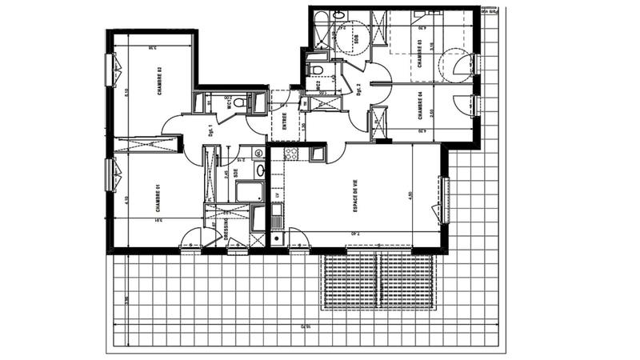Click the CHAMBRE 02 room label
pyautogui.click(x=160, y=81)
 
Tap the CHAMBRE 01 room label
pyautogui.click(x=160, y=198)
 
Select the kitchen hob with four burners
pyautogui.click(x=290, y=154)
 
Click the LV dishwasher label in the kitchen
pyautogui.click(x=278, y=194)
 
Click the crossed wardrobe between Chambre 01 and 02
pyautogui.click(x=146, y=145)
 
